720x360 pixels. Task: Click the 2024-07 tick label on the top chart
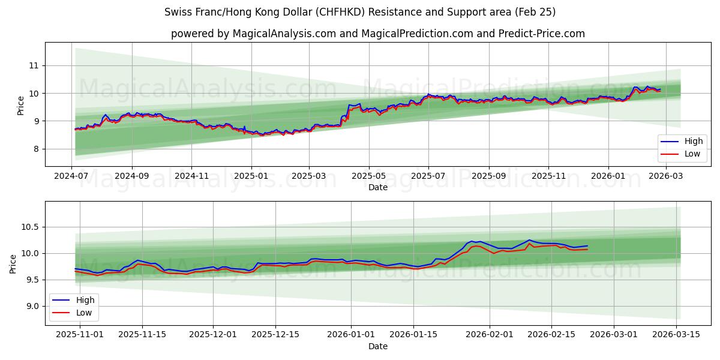tap(72, 176)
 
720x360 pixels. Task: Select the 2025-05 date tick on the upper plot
tap(369, 176)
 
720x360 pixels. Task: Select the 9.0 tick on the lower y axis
tap(31, 306)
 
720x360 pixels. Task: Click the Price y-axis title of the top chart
tap(21, 106)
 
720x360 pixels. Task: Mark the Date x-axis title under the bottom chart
tap(378, 346)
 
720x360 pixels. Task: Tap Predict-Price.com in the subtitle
tap(542, 34)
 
